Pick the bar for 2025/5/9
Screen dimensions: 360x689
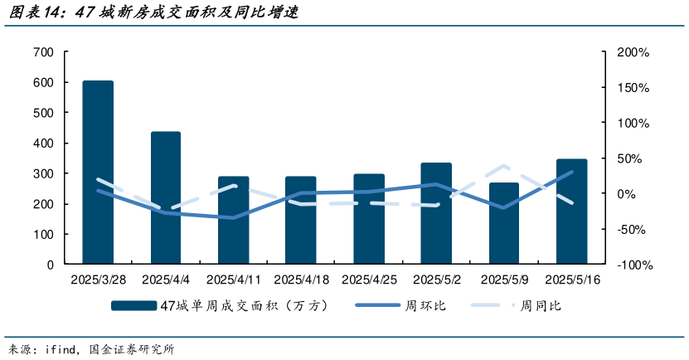pyautogui.click(x=503, y=223)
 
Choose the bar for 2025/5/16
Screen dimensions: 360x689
pyautogui.click(x=571, y=212)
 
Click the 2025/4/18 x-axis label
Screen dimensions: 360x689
pyautogui.click(x=301, y=280)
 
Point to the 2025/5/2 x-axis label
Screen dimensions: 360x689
pyautogui.click(x=436, y=280)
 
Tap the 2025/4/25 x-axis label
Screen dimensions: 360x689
pyautogui.click(x=369, y=280)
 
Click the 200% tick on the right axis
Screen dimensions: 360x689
pyautogui.click(x=633, y=52)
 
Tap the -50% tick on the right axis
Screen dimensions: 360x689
pyautogui.click(x=633, y=230)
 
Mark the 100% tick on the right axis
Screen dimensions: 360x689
pyautogui.click(x=633, y=123)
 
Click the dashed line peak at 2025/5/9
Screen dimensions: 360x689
pyautogui.click(x=503, y=167)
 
